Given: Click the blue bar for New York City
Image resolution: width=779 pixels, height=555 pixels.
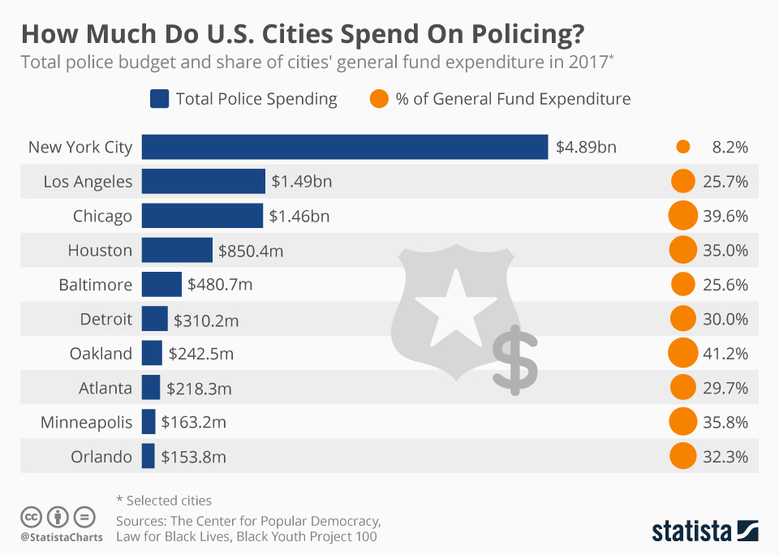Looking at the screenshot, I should (345, 147).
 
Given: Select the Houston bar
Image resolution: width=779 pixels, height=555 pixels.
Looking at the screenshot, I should (177, 251).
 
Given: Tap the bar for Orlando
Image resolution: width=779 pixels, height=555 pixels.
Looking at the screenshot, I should (148, 456).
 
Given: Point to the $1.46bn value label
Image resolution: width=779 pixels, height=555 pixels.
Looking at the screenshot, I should (299, 217).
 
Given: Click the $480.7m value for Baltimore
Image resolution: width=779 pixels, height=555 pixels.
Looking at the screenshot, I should (220, 285).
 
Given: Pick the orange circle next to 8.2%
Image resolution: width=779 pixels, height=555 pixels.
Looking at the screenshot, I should (682, 147).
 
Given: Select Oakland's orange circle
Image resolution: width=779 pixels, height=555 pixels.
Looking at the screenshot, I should (683, 353).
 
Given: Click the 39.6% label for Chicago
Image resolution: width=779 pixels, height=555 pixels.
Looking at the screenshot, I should (725, 217).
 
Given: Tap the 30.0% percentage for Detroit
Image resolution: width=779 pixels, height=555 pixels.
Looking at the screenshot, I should (725, 319).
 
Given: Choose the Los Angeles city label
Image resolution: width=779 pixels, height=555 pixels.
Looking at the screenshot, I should (88, 182).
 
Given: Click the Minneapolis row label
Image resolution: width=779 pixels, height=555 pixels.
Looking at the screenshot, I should (86, 422).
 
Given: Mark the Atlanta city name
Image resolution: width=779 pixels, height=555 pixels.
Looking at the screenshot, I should (105, 388).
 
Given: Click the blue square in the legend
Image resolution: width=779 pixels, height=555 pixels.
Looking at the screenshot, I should (159, 99).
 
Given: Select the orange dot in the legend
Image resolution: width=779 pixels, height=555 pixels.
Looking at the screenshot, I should (379, 99).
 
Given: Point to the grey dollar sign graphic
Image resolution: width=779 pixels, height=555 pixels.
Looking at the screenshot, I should (514, 357).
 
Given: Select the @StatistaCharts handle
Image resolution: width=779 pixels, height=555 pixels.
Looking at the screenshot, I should (62, 537).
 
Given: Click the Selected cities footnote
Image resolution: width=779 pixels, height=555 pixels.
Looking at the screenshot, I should (164, 501).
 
